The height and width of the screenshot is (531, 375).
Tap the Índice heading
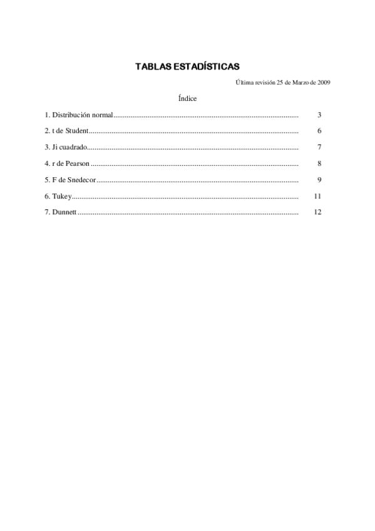[x=187, y=98]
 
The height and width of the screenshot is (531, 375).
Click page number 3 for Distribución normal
[x=319, y=115]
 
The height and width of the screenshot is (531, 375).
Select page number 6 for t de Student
[x=319, y=131]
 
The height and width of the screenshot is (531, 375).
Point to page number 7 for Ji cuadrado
[x=319, y=148]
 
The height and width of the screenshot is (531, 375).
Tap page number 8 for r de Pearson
[x=319, y=164]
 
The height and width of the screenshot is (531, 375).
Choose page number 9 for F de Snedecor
[x=319, y=180]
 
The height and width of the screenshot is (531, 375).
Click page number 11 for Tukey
[x=317, y=197]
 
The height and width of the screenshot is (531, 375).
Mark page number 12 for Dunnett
[x=317, y=213]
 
